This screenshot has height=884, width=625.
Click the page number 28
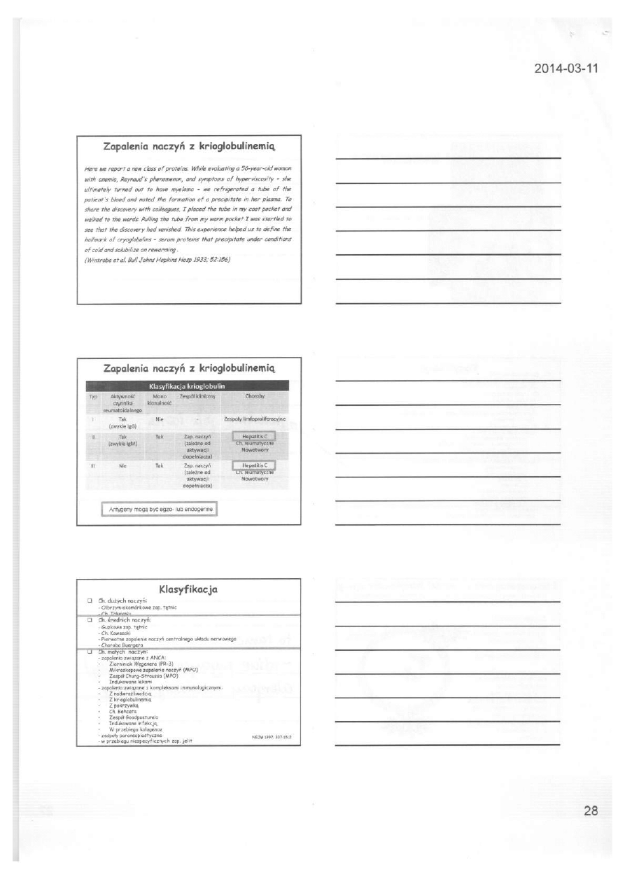pos(590,811)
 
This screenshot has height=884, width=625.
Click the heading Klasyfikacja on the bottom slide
pos(188,589)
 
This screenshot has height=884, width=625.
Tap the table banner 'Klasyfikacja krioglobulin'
pos(188,386)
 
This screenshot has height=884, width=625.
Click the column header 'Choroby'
pos(254,396)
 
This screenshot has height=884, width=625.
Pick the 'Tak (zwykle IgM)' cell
pos(122,440)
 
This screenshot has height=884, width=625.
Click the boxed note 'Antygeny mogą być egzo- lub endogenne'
pos(159,509)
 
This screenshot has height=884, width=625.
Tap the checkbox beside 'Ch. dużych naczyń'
pos(90,601)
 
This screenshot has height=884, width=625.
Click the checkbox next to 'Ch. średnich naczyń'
pos(90,620)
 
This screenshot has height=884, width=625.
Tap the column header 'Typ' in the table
pos(91,396)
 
